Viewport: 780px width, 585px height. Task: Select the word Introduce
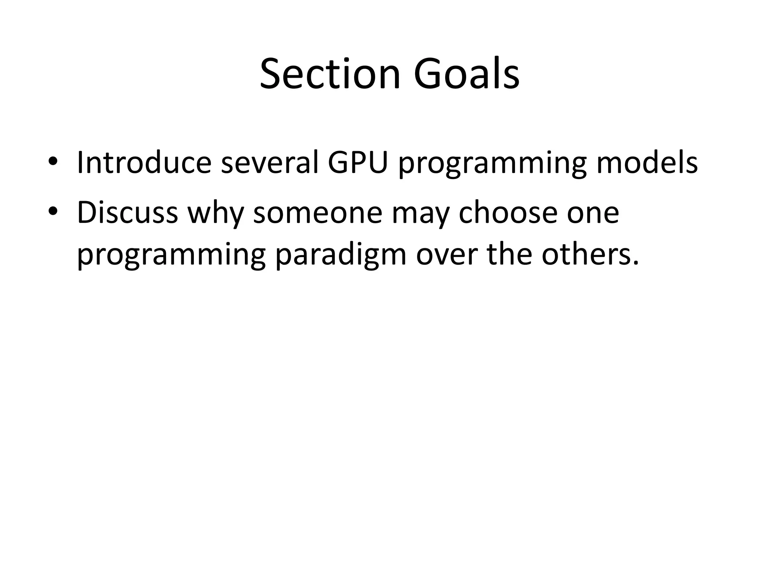click(x=144, y=163)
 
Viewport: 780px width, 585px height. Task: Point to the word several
click(x=269, y=163)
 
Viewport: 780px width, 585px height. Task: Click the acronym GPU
click(x=357, y=163)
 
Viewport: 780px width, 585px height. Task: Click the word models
click(x=647, y=163)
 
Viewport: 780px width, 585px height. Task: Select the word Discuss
click(x=128, y=213)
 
